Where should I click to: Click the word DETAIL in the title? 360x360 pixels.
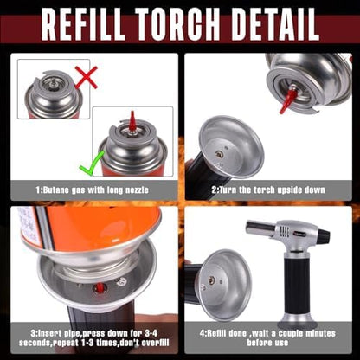click(x=275, y=24)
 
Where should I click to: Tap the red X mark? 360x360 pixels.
click(x=87, y=77)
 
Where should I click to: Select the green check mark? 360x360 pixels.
click(x=92, y=164)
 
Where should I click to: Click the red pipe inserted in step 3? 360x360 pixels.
click(x=100, y=287)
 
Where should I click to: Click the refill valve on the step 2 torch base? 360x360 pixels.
click(x=219, y=155)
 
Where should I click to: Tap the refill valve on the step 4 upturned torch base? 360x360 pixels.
click(x=211, y=280)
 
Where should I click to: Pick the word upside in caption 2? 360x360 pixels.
click(x=291, y=190)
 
